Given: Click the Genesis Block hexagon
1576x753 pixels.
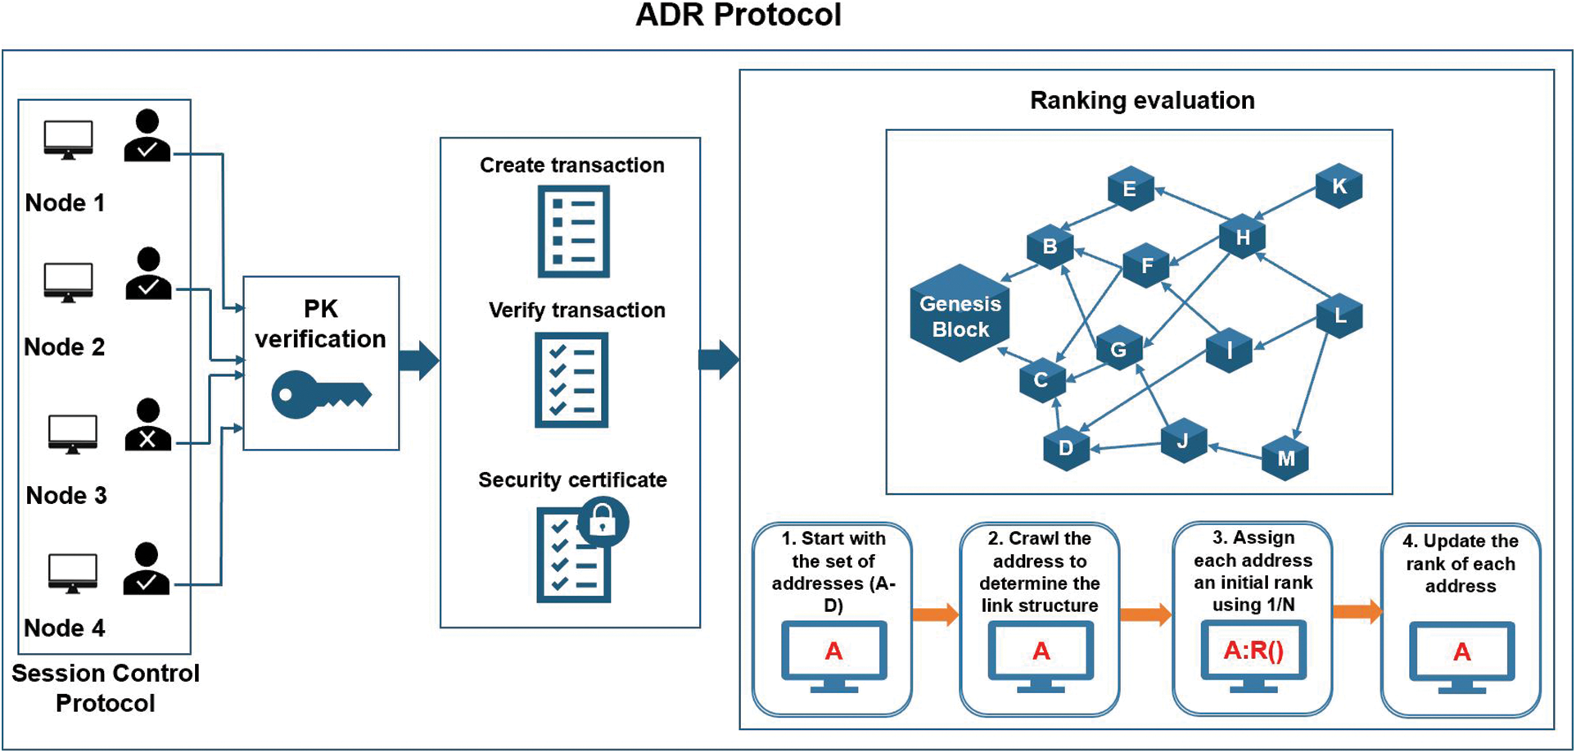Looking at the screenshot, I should point(960,315).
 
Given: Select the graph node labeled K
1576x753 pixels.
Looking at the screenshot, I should point(1339,186).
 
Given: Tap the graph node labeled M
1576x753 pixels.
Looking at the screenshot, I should point(1285,458).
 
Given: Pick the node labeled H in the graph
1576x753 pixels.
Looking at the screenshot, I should point(1242,238).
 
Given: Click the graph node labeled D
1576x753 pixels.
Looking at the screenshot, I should point(1065,447).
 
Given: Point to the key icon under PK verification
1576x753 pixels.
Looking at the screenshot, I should point(320,395).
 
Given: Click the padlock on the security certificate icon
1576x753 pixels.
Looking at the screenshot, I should point(603,521).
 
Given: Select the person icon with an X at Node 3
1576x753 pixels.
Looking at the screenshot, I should point(147,425).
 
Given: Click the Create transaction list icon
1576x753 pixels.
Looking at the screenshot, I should point(573,231).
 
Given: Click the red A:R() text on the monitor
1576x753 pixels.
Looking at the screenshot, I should point(1253,651).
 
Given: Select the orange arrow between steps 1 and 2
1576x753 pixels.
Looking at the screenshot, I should point(935,614).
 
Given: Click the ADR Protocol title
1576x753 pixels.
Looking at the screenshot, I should point(738,16).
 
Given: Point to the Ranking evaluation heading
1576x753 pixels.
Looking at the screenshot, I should point(1141,101).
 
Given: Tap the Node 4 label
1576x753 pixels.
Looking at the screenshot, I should point(65,628).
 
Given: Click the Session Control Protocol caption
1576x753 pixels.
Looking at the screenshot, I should point(105,688).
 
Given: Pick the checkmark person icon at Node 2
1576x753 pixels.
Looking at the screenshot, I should point(148,274).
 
